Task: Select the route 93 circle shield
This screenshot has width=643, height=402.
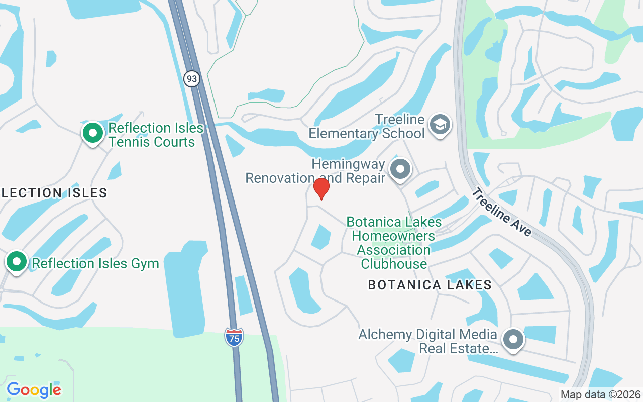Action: click(191, 79)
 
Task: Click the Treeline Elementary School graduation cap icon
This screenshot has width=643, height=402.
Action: click(440, 124)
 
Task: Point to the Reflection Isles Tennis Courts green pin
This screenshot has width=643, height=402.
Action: click(92, 133)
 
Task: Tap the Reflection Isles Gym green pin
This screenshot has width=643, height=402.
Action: click(17, 262)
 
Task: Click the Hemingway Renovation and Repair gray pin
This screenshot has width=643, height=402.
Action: click(400, 169)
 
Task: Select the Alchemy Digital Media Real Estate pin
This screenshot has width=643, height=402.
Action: click(513, 340)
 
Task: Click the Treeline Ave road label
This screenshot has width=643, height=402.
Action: click(501, 212)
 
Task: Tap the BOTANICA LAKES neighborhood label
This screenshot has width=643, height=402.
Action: click(430, 285)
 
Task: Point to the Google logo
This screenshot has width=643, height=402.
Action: click(34, 389)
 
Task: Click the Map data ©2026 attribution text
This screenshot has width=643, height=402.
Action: click(600, 394)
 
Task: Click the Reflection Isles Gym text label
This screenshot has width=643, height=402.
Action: click(95, 263)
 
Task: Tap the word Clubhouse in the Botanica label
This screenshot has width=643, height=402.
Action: click(394, 263)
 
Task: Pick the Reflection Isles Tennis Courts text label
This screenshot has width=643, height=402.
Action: click(156, 135)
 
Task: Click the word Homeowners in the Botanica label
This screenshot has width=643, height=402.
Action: click(393, 236)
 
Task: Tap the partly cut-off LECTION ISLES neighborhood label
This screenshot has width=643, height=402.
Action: click(54, 193)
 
